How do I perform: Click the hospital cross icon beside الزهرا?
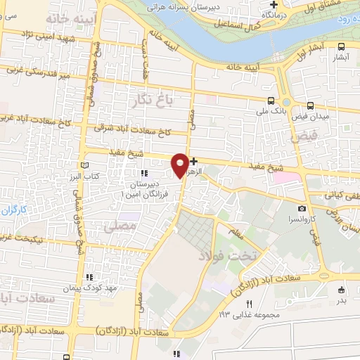194,161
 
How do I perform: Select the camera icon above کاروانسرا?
302,208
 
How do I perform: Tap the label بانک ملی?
272,110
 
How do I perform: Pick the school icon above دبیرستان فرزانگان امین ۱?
144,174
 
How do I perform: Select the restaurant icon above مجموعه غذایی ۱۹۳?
248,303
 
